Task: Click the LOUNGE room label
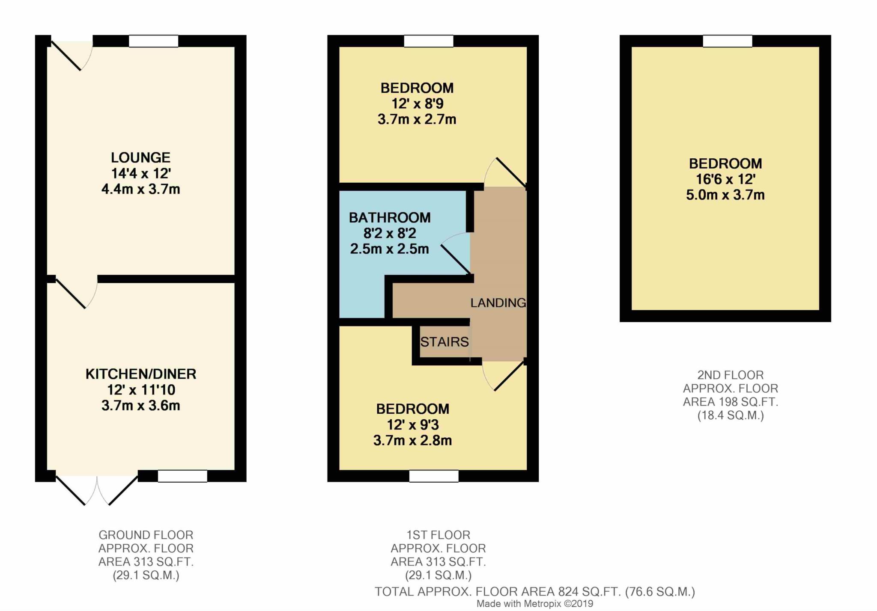(x=140, y=157)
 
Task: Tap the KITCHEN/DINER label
(x=141, y=374)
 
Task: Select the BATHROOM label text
(x=390, y=217)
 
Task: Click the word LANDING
(x=498, y=303)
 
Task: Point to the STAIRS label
(x=444, y=342)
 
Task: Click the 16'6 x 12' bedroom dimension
(x=725, y=179)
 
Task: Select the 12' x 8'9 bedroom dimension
(x=417, y=104)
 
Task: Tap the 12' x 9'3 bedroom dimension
(x=413, y=425)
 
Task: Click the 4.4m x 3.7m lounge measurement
(x=140, y=189)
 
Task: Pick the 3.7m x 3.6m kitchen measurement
(x=141, y=406)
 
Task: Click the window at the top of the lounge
(x=154, y=41)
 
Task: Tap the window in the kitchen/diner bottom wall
(x=182, y=476)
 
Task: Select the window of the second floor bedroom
(x=728, y=41)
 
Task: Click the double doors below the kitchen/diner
(x=97, y=490)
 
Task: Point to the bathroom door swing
(x=456, y=252)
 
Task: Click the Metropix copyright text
(x=535, y=604)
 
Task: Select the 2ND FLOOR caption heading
(x=731, y=375)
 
